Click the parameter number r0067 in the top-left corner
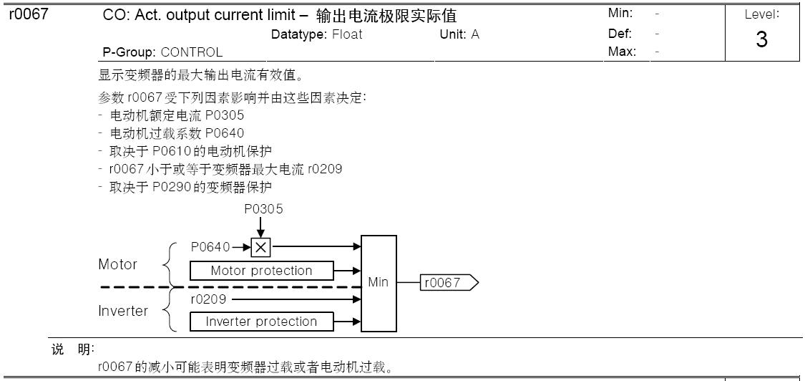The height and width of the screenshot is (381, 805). (28, 14)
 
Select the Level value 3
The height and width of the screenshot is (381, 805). (761, 40)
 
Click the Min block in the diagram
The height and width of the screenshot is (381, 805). (379, 283)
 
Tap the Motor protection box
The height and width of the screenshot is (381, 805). (261, 271)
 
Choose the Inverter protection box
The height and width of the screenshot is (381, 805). (261, 322)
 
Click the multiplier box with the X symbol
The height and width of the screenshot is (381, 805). (261, 247)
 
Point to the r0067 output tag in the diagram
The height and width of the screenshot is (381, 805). (449, 283)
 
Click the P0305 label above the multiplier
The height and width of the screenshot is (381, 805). (263, 209)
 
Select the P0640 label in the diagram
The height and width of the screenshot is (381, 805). (210, 247)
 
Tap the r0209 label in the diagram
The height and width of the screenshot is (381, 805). (208, 299)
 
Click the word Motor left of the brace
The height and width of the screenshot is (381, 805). (117, 264)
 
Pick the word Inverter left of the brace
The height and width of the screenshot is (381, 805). (123, 311)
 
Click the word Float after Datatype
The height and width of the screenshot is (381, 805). (347, 34)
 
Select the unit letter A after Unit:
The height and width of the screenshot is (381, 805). (475, 34)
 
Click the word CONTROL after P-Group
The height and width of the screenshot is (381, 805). (191, 52)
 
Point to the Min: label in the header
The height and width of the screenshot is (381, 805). (620, 14)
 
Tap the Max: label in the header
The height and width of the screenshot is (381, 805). (622, 52)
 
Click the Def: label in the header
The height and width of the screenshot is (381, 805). (620, 33)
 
